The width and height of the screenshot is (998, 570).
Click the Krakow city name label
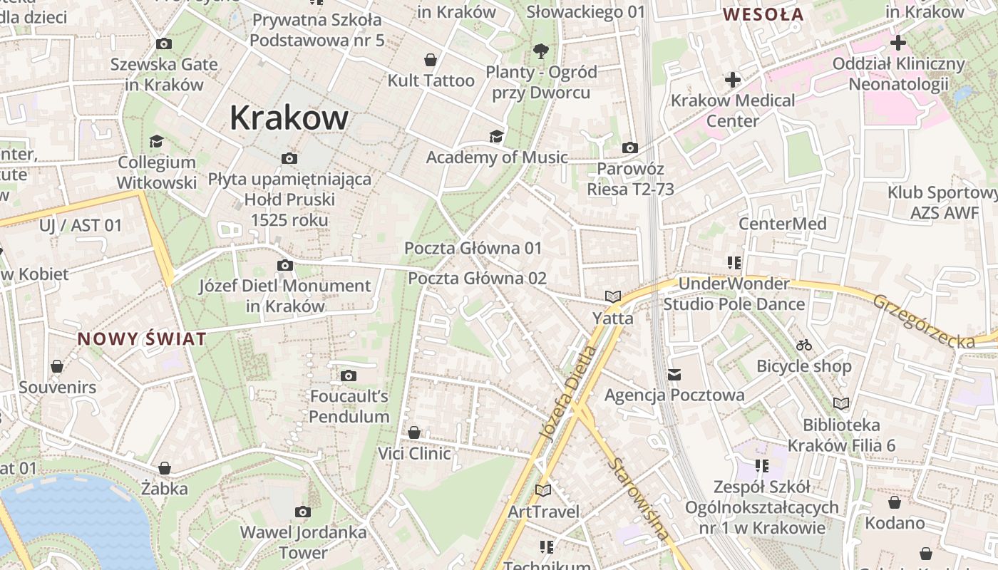(289, 118)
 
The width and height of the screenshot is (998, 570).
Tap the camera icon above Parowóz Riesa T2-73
(630, 147)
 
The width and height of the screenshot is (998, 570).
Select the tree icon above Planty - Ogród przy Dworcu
(541, 50)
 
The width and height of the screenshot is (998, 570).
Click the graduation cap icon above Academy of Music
(495, 136)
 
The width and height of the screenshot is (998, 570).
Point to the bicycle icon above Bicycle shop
(804, 345)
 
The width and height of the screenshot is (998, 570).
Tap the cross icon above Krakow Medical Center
(732, 79)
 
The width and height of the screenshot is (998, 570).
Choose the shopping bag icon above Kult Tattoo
(431, 59)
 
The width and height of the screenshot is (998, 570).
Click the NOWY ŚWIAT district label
(142, 339)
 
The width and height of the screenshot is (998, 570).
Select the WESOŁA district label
(763, 14)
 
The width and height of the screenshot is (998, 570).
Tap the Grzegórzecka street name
(924, 322)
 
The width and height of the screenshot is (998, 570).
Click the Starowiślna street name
(640, 498)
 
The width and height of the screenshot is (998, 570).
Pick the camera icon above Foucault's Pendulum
(349, 375)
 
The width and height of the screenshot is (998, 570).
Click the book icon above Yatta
(613, 296)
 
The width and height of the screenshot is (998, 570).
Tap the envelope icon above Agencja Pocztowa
(674, 374)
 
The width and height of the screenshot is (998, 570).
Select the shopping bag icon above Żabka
(165, 468)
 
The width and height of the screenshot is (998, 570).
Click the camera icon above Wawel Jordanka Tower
(303, 512)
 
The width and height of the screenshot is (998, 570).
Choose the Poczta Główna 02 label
(477, 278)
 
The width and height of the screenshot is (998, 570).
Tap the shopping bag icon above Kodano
(895, 502)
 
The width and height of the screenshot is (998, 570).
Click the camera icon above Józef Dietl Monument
(284, 266)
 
